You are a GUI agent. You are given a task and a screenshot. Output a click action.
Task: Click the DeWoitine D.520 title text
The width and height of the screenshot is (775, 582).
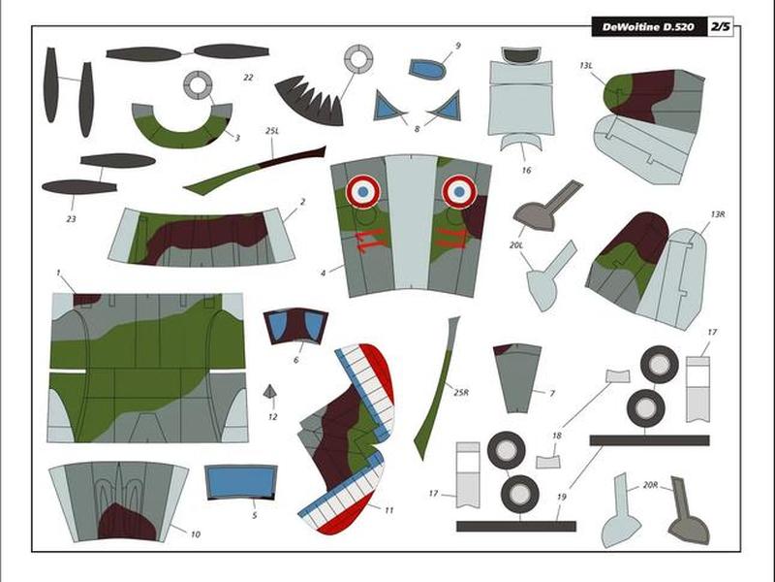point(648,27)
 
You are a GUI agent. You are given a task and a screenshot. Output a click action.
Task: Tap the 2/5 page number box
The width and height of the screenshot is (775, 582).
point(720,27)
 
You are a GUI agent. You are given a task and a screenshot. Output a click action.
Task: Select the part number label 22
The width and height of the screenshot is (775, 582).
point(248,78)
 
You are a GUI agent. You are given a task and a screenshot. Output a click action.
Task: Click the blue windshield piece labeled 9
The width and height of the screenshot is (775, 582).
point(427,69)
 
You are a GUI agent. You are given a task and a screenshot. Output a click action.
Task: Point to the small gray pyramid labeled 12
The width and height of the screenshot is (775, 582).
point(270,392)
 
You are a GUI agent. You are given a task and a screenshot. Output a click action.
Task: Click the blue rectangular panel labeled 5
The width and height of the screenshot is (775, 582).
point(240,481)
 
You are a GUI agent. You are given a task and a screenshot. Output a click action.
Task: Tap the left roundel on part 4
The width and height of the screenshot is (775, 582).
point(362,191)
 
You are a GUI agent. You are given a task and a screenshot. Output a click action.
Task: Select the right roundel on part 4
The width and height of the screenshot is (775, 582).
point(459,191)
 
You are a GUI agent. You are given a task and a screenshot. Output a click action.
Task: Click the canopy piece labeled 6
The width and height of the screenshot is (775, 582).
point(295,326)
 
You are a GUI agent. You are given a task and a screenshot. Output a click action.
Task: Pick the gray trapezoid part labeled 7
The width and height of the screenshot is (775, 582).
point(517,378)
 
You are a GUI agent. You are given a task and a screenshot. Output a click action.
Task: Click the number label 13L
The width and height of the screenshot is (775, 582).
point(586,66)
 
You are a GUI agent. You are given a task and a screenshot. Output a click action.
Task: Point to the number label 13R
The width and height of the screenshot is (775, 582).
point(718,214)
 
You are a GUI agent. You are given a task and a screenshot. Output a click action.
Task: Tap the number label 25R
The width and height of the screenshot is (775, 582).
point(461,393)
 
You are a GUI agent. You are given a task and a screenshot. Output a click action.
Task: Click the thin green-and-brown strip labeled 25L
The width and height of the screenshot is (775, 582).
point(255,171)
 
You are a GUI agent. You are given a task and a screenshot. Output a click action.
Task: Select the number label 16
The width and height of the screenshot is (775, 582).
point(526,171)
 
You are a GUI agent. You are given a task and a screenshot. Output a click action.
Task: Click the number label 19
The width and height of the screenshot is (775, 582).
point(562,497)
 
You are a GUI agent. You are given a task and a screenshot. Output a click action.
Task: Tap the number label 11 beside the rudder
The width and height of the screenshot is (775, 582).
point(389,510)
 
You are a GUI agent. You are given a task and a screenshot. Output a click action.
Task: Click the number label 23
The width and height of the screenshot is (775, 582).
point(71,219)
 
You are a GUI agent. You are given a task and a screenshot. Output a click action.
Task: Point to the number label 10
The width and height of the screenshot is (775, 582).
point(196,534)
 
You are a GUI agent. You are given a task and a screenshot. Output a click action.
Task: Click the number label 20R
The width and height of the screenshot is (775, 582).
point(650,486)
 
